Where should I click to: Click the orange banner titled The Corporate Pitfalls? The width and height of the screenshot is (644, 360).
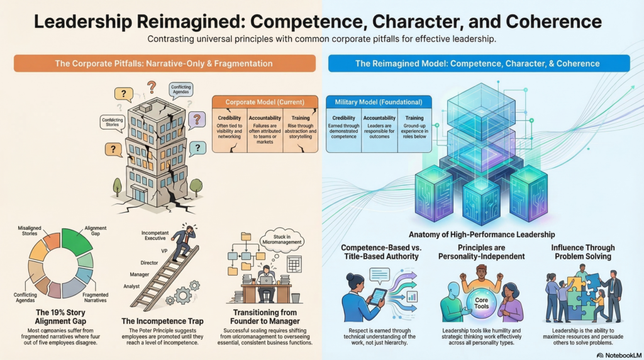point(165,64)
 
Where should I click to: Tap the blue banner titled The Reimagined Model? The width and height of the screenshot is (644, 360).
point(479,64)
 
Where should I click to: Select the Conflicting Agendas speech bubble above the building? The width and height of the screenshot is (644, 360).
point(180,89)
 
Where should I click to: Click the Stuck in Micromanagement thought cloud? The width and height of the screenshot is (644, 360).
point(282,240)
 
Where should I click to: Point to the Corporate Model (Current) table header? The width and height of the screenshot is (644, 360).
point(265,102)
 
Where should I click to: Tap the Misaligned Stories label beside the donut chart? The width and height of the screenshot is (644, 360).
point(30,230)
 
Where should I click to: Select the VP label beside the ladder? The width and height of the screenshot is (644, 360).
point(164,251)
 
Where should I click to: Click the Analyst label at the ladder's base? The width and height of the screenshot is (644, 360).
point(131,286)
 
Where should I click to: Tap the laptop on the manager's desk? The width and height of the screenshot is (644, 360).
point(266,280)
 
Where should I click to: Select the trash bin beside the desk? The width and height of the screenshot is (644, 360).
point(296,298)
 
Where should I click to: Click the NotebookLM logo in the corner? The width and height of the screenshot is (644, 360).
point(619,355)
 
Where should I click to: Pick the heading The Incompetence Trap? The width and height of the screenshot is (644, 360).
point(163,321)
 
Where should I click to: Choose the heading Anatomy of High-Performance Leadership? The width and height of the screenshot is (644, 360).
point(482,234)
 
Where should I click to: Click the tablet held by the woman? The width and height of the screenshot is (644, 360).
point(378,296)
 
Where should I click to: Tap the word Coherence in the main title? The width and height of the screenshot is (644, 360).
point(553,21)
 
